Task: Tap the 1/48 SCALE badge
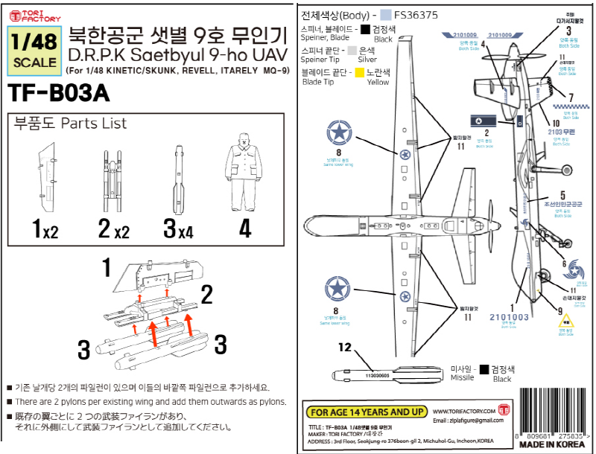[34, 52]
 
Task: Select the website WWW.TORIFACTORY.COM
[463, 411]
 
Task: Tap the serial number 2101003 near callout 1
[510, 317]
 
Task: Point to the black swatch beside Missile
[484, 368]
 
